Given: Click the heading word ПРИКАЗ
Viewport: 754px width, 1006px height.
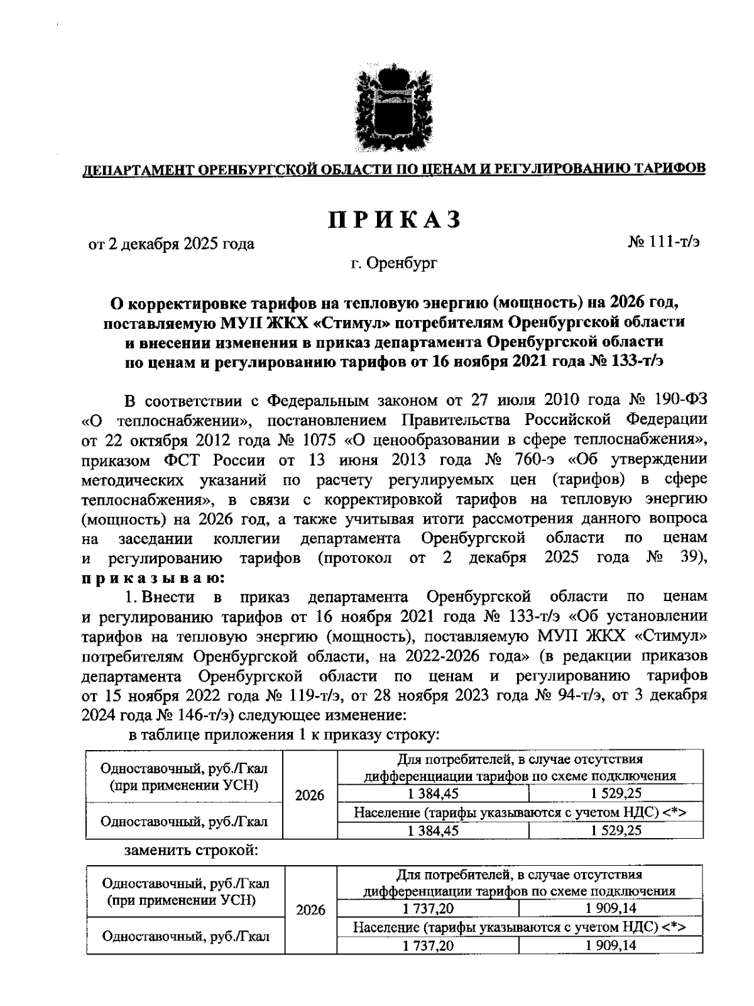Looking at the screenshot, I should pyautogui.click(x=394, y=219).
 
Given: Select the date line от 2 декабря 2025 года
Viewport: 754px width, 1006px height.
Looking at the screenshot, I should pyautogui.click(x=171, y=244).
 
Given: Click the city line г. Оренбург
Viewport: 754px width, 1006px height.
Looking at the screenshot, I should pyautogui.click(x=394, y=263).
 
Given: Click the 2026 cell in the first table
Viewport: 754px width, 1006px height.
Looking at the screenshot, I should pyautogui.click(x=310, y=795).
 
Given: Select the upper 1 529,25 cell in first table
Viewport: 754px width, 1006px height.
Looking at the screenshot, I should pyautogui.click(x=616, y=793).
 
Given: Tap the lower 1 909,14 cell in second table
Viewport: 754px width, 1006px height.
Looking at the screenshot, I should pyautogui.click(x=611, y=946).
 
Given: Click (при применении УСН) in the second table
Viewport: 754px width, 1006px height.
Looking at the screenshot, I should pyautogui.click(x=182, y=900).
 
